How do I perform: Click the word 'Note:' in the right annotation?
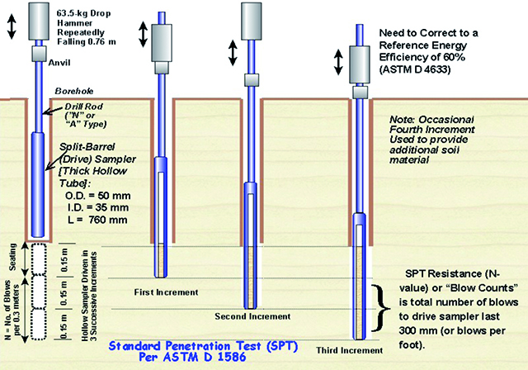(407, 117)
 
